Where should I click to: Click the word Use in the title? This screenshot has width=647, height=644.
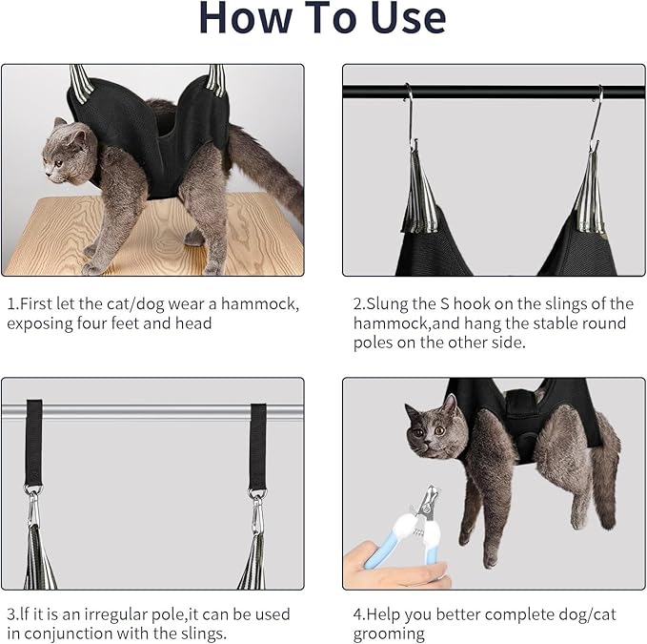(391, 20)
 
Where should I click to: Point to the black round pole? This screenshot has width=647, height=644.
(495, 93)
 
